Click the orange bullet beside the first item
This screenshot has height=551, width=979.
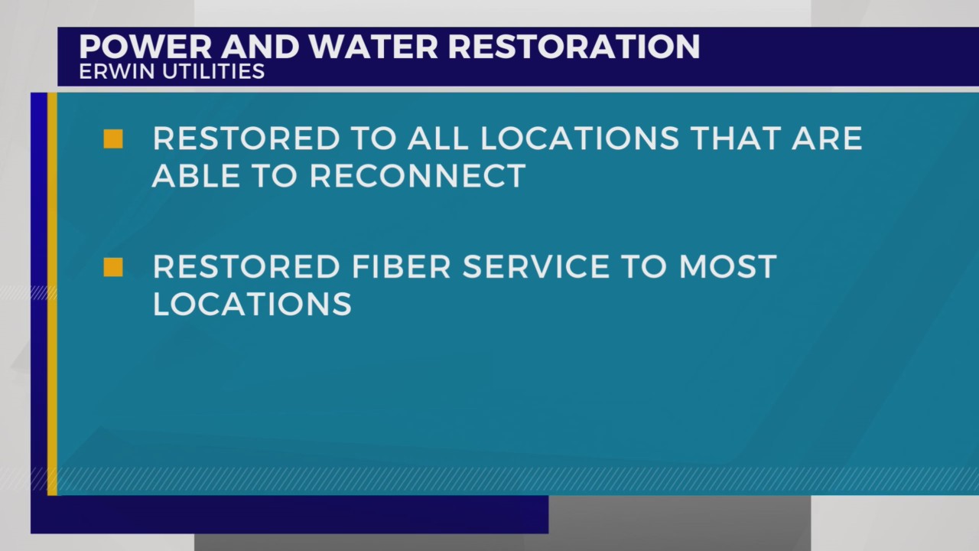coord(113,139)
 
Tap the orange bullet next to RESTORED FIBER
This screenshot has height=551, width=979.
coord(113,267)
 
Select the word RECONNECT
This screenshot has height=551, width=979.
coord(418,176)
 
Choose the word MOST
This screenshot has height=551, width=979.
coord(727,267)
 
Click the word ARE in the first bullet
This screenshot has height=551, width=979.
coord(829,139)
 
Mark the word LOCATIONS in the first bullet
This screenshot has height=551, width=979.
coord(580,139)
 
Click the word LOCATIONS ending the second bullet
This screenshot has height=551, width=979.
coord(252,305)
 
